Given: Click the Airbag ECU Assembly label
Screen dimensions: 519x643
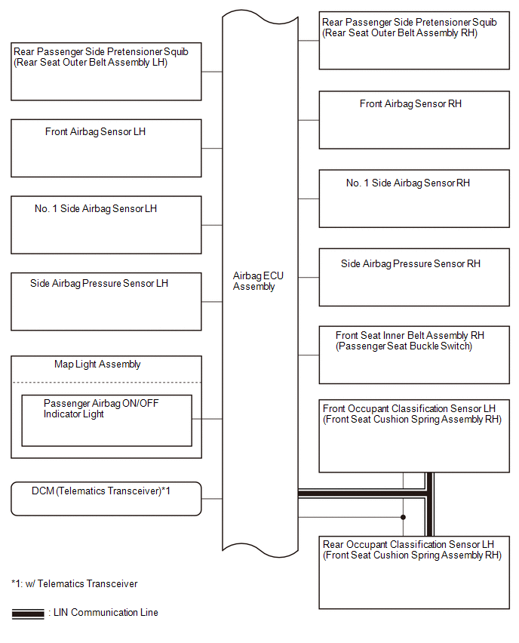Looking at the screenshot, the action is [258, 281].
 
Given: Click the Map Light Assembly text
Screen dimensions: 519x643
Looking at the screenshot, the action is [97, 365].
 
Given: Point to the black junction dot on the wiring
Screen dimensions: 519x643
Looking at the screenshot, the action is [403, 517].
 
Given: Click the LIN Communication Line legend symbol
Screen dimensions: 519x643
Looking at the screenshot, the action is [28, 614].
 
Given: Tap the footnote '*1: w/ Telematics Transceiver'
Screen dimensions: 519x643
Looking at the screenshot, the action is [75, 583].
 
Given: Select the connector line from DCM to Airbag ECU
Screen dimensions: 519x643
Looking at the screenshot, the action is [212, 499].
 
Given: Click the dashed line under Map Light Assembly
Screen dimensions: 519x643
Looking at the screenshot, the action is [106, 382].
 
